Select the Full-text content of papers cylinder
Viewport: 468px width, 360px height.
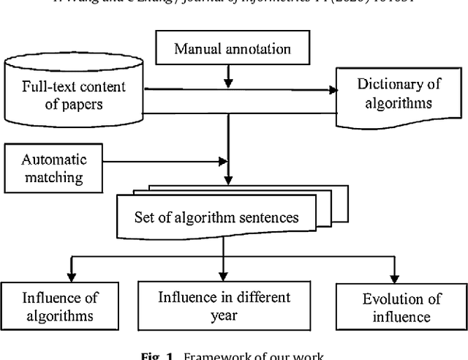tap(73, 94)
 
